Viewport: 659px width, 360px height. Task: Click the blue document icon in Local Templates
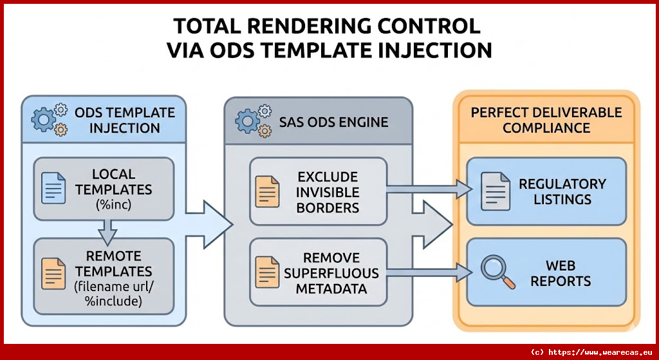pyautogui.click(x=54, y=188)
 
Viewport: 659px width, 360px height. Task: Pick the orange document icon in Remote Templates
pyautogui.click(x=54, y=272)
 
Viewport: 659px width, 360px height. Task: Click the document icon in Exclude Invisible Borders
pyautogui.click(x=268, y=191)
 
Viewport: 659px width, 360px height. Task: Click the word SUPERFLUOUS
pyautogui.click(x=331, y=272)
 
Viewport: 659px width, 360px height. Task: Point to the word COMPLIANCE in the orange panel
pyautogui.click(x=546, y=128)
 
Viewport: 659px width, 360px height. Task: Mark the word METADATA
pyautogui.click(x=331, y=288)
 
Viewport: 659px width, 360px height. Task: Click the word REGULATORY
pyautogui.click(x=562, y=184)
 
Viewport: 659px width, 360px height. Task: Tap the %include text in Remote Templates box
pyautogui.click(x=113, y=301)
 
